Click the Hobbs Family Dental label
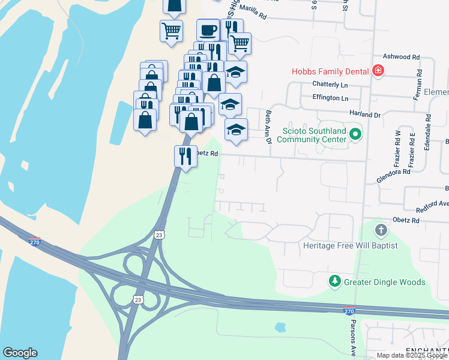[330, 71]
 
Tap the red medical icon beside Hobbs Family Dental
[378, 71]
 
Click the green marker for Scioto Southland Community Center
[355, 134]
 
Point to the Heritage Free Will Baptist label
[342, 246]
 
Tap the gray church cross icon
[381, 230]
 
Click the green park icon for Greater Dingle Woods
[334, 281]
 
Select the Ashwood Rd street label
[400, 57]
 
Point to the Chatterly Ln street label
[330, 85]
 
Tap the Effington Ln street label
[330, 98]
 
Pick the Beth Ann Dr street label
[268, 126]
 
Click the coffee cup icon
[208, 29]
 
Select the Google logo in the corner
[20, 353]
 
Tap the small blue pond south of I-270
[280, 328]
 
